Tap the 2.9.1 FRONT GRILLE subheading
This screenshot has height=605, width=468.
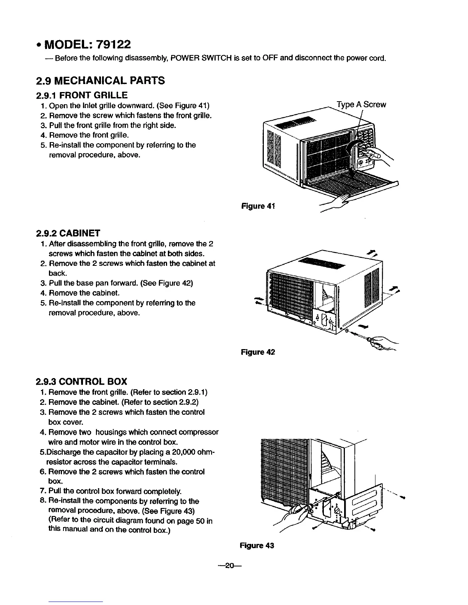click(x=81, y=95)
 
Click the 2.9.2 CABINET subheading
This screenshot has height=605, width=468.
click(x=68, y=233)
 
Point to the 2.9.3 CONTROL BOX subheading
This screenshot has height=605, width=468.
click(x=81, y=381)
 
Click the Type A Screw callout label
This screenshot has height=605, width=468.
click(x=361, y=105)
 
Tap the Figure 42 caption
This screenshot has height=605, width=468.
click(x=258, y=352)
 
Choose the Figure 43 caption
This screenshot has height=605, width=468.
click(x=257, y=546)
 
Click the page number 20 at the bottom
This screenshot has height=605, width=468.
click(x=229, y=567)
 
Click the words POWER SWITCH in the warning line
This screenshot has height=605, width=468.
click(x=201, y=58)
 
